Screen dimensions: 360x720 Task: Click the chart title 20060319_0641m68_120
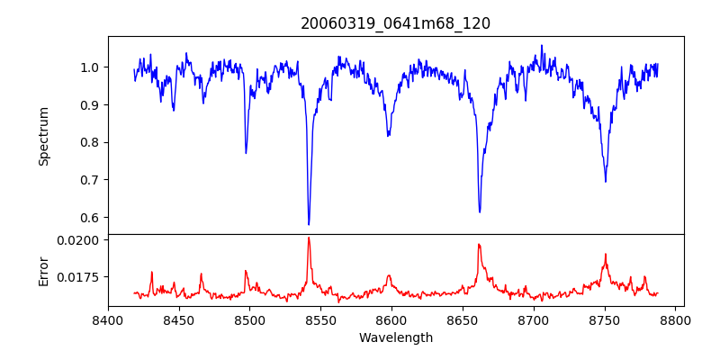[x=395, y=24]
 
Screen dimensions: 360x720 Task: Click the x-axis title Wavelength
[x=395, y=337]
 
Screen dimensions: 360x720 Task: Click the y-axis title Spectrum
[x=43, y=136]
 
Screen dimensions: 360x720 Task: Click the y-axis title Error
[x=43, y=271]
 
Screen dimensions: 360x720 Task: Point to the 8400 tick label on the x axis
[x=108, y=319]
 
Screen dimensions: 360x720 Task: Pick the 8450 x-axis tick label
[x=179, y=319]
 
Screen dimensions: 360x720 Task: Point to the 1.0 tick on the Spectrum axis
[x=91, y=67]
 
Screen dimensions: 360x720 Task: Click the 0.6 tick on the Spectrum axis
[x=91, y=218]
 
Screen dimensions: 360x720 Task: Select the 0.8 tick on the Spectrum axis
[x=91, y=142]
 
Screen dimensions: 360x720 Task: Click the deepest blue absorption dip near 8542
[x=309, y=224]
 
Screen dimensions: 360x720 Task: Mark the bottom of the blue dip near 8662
[x=480, y=211]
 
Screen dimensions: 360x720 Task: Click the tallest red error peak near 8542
[x=309, y=238]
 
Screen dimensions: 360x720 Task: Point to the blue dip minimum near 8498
[x=246, y=153]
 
